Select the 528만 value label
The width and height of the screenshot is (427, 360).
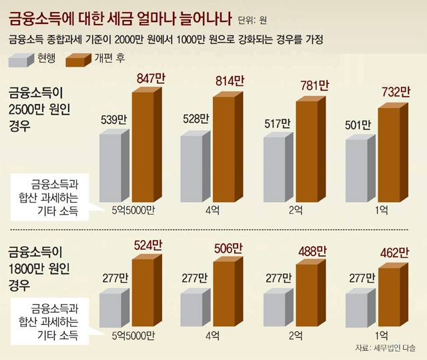[x=195, y=120]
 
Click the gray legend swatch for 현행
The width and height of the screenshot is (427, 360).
[x=21, y=61]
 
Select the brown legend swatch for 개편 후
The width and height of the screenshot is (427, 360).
[x=79, y=61]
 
